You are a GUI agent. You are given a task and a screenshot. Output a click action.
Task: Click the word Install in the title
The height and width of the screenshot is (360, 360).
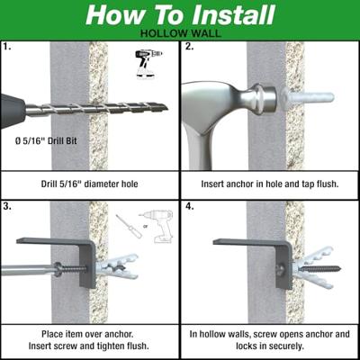coord(233,15)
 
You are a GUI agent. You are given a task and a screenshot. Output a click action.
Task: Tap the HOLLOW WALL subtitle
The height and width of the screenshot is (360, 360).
coord(181,33)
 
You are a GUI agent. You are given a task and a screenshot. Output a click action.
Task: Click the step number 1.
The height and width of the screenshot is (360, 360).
coord(7,47)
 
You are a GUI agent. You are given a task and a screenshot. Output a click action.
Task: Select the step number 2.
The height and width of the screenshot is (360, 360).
coord(189,47)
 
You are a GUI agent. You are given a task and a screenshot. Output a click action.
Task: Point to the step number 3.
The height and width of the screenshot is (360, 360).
coord(7,206)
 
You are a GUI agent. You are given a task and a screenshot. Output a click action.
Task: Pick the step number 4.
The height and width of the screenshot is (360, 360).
coord(189,206)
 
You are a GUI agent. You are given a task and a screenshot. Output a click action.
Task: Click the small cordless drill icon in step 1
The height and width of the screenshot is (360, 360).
coord(147,64)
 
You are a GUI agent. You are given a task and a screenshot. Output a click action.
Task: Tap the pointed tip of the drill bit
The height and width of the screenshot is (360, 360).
coord(167,108)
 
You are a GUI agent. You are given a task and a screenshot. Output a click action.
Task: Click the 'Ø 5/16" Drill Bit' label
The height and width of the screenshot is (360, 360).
coord(46,140)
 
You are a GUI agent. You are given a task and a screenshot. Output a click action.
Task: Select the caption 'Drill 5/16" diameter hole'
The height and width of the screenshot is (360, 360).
coord(89,184)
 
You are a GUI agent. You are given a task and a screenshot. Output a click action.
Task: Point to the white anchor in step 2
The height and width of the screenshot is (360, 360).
coord(308,97)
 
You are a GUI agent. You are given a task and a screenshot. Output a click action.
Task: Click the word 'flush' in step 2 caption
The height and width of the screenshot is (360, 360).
coord(327,184)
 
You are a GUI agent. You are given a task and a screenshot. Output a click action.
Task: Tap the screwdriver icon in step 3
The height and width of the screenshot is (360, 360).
coord(129,227)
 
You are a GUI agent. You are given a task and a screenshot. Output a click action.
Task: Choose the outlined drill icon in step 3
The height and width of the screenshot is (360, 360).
coord(157,226)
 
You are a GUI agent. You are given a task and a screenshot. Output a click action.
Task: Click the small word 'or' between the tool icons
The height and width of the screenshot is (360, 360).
coord(146,226)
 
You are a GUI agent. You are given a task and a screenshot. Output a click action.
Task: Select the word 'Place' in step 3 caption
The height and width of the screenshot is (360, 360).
coord(52,334)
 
